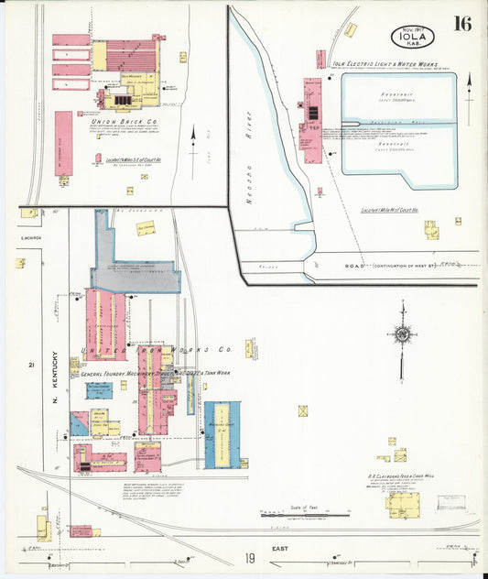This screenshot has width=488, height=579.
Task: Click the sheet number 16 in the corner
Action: pyautogui.click(x=462, y=24)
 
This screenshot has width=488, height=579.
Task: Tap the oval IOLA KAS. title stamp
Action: pyautogui.click(x=412, y=37)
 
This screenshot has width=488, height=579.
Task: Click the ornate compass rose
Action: pyautogui.click(x=402, y=335)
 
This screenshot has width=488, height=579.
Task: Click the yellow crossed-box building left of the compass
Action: pyautogui.click(x=302, y=410)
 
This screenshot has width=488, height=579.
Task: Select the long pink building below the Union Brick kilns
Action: pyautogui.click(x=63, y=143)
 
